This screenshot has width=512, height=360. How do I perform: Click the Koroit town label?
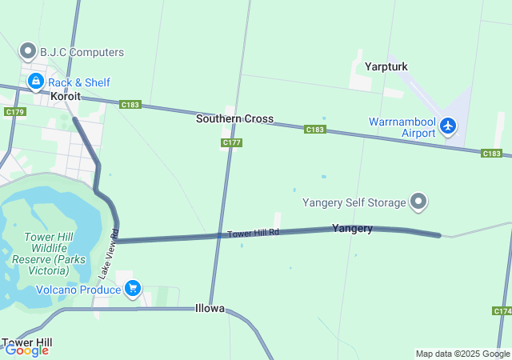66,96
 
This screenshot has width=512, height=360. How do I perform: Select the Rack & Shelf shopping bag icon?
36,82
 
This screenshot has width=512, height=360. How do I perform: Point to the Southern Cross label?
234,119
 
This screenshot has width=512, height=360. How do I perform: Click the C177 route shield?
231,142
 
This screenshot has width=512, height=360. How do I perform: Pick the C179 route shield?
14,112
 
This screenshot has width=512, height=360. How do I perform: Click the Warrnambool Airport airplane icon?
447,126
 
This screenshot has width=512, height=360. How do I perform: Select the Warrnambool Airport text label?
402,127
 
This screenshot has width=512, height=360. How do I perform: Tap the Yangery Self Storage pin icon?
418,202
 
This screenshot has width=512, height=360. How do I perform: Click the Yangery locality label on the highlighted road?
352,229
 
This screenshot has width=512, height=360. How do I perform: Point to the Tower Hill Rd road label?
253,233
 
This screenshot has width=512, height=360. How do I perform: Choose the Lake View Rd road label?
109,255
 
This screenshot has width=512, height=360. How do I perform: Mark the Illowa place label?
210,308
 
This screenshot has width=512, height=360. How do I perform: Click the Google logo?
26,350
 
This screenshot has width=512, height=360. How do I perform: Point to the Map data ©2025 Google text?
462,354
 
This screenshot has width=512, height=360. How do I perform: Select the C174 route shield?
502,310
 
